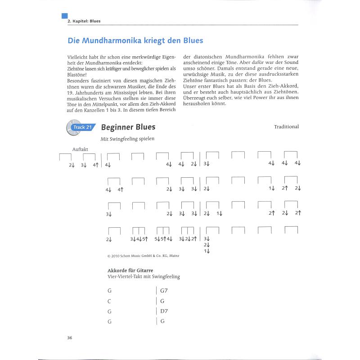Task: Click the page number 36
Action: pyautogui.click(x=70, y=338)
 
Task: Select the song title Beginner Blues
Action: pyautogui.click(x=128, y=127)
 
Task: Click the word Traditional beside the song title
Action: pyautogui.click(x=286, y=127)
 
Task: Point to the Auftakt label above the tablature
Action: pyautogui.click(x=80, y=149)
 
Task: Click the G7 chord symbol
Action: pyautogui.click(x=164, y=291)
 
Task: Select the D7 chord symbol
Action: pyautogui.click(x=164, y=311)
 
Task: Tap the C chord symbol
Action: pyautogui.click(x=109, y=301)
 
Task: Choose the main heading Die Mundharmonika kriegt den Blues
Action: pyautogui.click(x=135, y=40)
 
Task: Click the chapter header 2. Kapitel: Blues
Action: pyautogui.click(x=84, y=21)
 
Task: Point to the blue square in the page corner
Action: pyautogui.click(x=64, y=16)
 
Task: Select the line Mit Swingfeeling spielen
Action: pyautogui.click(x=127, y=139)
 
